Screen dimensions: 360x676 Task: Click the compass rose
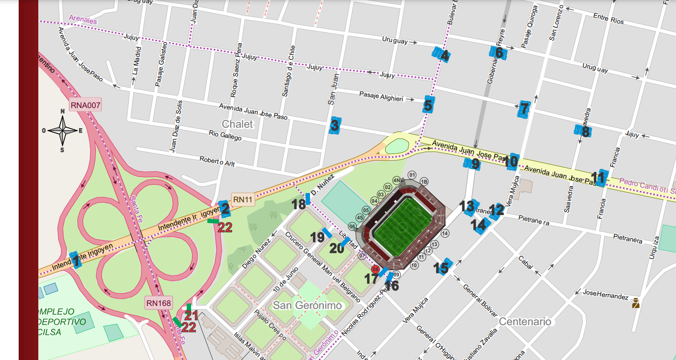tap(62, 130)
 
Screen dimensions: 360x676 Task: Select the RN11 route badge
tap(242, 199)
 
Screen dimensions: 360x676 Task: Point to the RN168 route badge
tap(159, 303)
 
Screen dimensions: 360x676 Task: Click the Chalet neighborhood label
tap(237, 124)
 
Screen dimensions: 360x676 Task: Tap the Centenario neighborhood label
tap(525, 321)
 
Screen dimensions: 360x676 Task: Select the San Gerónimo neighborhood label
tap(307, 305)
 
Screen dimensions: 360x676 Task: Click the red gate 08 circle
tap(375, 269)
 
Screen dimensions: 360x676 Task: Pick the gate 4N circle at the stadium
tap(397, 180)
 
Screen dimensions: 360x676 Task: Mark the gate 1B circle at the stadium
tap(424, 181)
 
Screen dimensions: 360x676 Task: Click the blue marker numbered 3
tap(335, 126)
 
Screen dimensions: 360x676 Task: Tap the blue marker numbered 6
tap(498, 52)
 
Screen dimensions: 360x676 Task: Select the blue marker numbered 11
tap(600, 178)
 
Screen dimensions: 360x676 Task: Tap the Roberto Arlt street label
tap(218, 162)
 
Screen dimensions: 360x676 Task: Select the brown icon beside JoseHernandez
tap(636, 303)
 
